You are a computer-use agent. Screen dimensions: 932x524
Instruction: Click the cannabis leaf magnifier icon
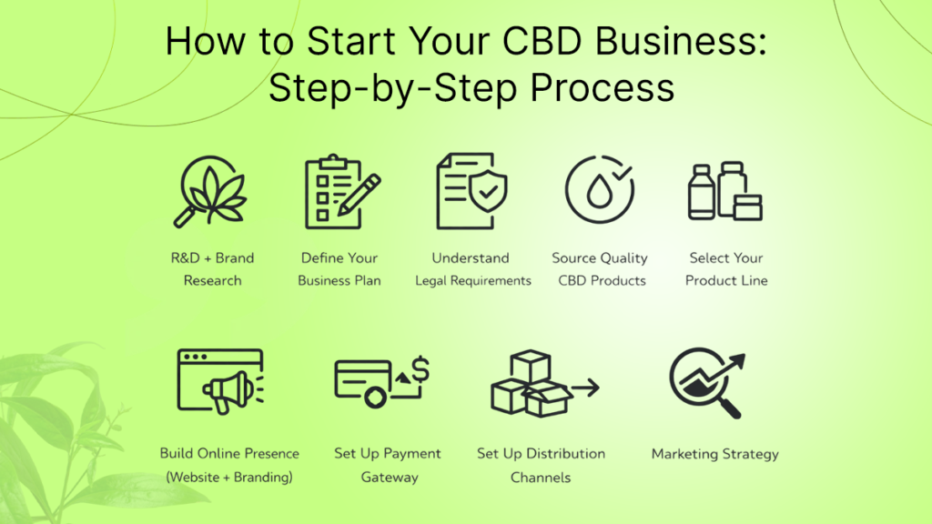pyautogui.click(x=210, y=191)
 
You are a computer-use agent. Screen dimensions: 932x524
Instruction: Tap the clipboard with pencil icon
pyautogui.click(x=342, y=191)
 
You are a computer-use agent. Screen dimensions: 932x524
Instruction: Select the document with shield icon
pyautogui.click(x=472, y=191)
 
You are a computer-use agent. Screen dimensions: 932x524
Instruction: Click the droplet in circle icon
pyautogui.click(x=599, y=189)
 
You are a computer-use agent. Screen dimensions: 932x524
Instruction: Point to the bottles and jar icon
pyautogui.click(x=725, y=191)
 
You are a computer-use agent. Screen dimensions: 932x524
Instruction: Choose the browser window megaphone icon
pyautogui.click(x=220, y=381)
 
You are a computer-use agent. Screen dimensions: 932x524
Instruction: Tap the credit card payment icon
pyautogui.click(x=381, y=382)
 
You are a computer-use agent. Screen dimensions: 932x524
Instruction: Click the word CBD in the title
pyautogui.click(x=542, y=42)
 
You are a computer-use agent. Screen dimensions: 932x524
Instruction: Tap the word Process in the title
pyautogui.click(x=603, y=88)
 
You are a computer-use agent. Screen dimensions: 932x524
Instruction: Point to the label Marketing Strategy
pyautogui.click(x=715, y=454)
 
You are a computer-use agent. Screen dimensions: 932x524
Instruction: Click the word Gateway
pyautogui.click(x=390, y=477)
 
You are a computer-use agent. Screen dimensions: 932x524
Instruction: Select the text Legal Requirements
pyautogui.click(x=473, y=280)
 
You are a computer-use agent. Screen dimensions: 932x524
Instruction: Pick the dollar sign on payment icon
pyautogui.click(x=420, y=369)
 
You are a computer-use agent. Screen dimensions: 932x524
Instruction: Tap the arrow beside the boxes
pyautogui.click(x=586, y=388)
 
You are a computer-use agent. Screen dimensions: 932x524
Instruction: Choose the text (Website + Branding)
pyautogui.click(x=228, y=477)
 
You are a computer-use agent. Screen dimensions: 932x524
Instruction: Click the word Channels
pyautogui.click(x=541, y=477)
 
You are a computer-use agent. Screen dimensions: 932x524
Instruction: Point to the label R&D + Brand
pyautogui.click(x=212, y=257)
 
